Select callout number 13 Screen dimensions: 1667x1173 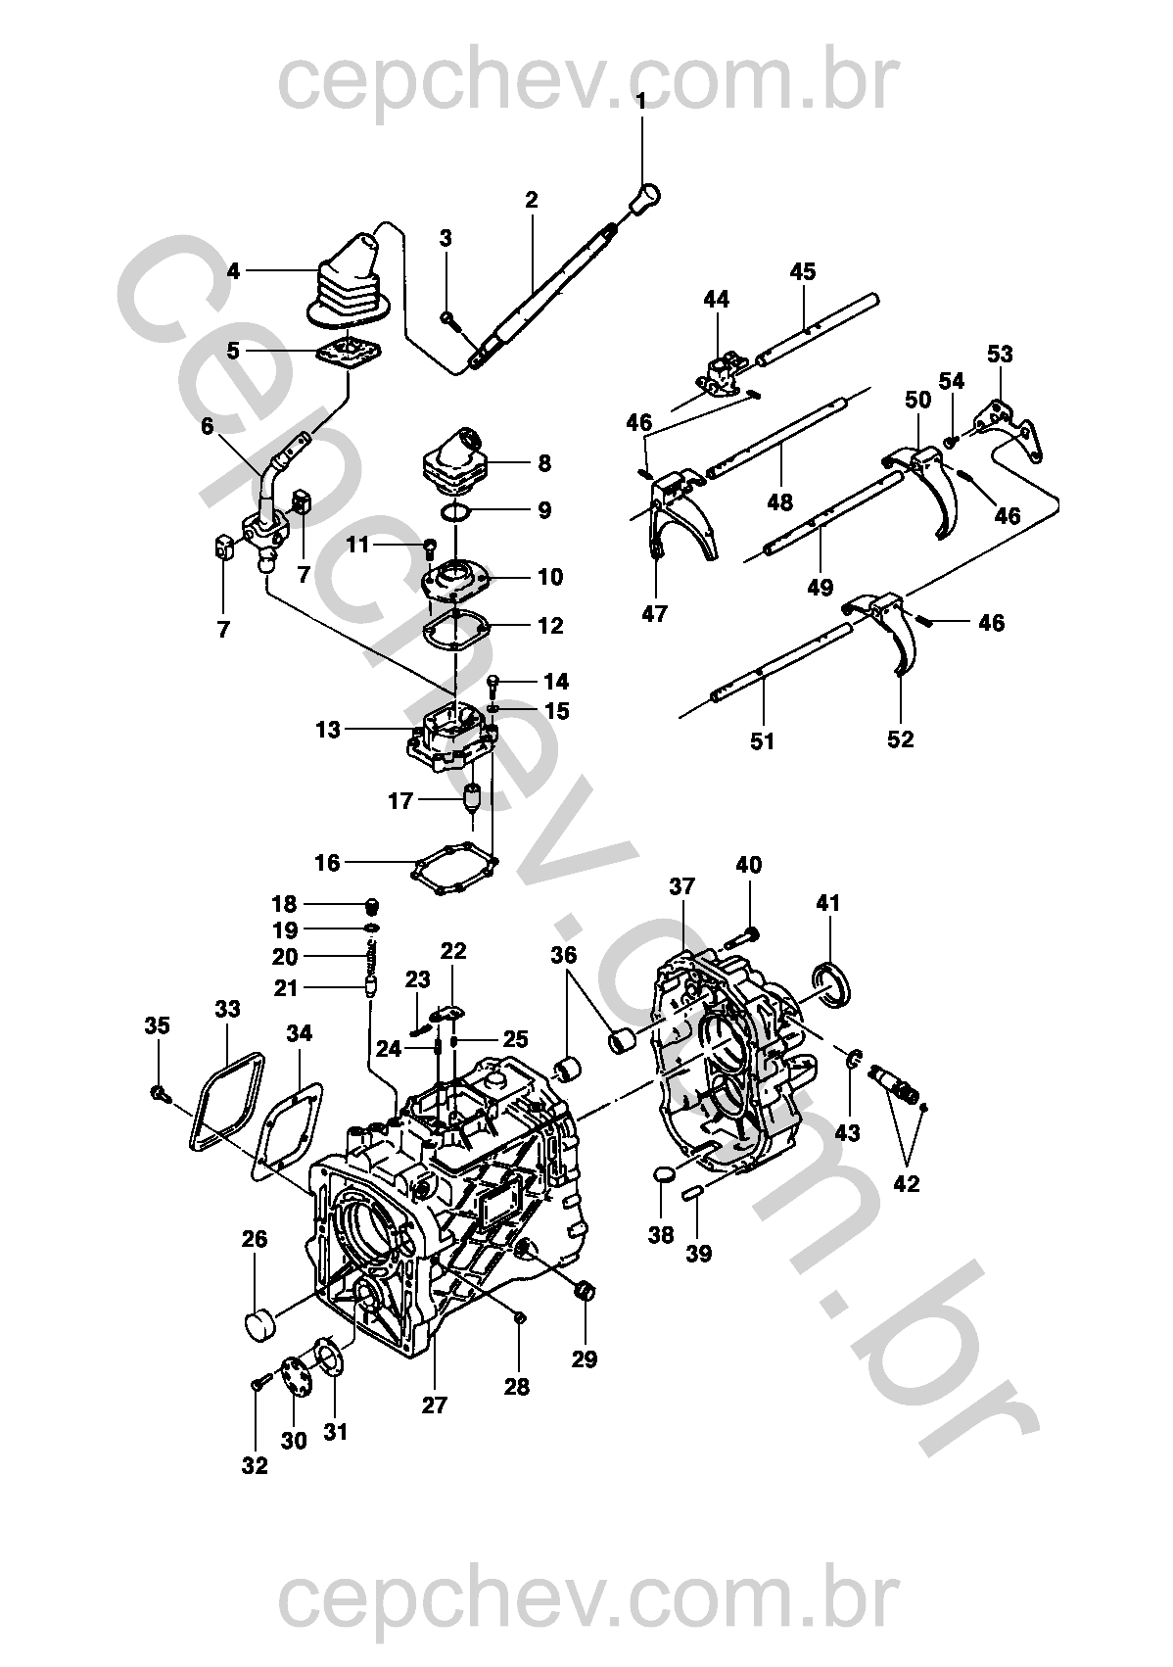[x=328, y=730]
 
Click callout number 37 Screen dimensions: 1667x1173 [x=682, y=886]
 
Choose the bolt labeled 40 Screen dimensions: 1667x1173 [x=744, y=938]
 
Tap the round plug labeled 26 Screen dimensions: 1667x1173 [x=258, y=1324]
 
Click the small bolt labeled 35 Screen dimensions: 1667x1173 [x=157, y=1091]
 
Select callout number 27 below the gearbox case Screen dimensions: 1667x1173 [x=435, y=1405]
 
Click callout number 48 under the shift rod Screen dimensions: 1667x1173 [x=780, y=502]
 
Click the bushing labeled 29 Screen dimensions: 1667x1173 [x=586, y=1289]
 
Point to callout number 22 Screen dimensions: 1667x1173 [x=453, y=950]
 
